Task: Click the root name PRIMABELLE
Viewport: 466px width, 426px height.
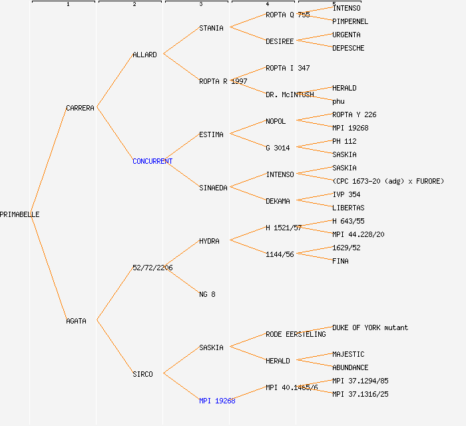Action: [19, 214]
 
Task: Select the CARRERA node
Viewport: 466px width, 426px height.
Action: [80, 108]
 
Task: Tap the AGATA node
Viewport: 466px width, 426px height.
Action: [76, 321]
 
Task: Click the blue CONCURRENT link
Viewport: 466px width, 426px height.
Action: [152, 161]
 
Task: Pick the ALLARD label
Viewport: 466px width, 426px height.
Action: [144, 55]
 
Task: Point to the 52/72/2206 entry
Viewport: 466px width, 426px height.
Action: [152, 268]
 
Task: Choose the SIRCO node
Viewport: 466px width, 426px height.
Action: [142, 374]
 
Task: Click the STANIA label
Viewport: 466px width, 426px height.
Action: [211, 28]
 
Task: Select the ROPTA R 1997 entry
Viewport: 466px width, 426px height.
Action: [223, 81]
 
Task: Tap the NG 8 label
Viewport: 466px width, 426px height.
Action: [207, 294]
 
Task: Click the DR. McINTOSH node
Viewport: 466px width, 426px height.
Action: [290, 95]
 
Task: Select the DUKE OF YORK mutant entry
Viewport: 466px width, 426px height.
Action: [370, 327]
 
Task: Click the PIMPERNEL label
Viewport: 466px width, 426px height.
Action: [350, 21]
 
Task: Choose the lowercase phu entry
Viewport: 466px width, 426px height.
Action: [338, 101]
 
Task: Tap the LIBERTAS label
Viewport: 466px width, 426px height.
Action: [348, 208]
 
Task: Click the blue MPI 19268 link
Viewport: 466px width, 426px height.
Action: [217, 401]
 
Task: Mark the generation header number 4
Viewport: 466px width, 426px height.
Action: [267, 5]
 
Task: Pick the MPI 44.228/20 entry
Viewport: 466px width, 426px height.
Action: [358, 234]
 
